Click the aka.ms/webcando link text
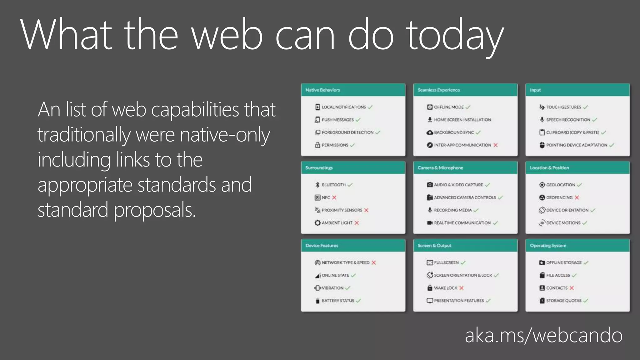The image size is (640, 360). (543, 336)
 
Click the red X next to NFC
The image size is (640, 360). (334, 197)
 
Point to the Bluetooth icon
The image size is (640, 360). (317, 185)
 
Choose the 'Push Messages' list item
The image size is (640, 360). (337, 120)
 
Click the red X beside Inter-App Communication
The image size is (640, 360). (496, 145)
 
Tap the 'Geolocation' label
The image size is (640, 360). (560, 185)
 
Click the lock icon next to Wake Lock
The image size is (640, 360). (430, 288)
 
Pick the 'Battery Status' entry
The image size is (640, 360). (338, 301)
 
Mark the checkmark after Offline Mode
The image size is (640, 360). (468, 107)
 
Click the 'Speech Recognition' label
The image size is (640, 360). (568, 120)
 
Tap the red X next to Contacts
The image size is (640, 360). (572, 288)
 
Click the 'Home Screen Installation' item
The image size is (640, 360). (462, 120)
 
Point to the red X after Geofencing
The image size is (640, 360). (577, 197)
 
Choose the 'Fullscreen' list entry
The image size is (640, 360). (446, 262)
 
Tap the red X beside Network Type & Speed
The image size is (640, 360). (374, 262)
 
